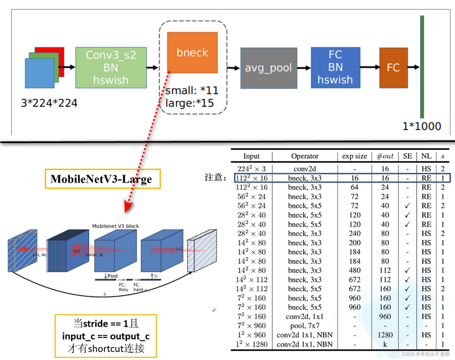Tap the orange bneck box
(x=192, y=52)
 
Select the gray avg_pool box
(x=268, y=68)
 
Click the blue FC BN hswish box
(x=335, y=68)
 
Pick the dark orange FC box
(x=393, y=68)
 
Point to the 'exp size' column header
(x=354, y=156)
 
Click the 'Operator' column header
(x=305, y=156)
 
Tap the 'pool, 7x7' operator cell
(x=305, y=325)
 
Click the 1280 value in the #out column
(x=385, y=335)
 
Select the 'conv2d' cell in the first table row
(x=305, y=168)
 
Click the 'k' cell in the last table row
(x=385, y=344)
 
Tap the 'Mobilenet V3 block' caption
(x=116, y=226)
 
